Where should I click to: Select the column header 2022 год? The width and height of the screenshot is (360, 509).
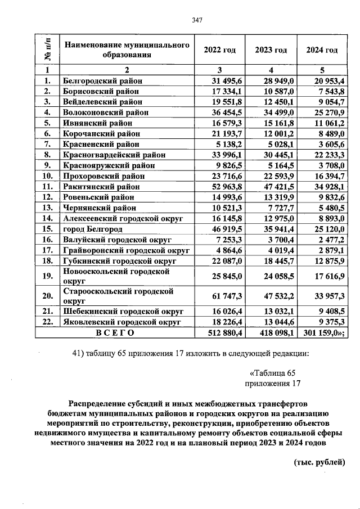(x=219, y=50)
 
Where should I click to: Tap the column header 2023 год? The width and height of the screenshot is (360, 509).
(x=271, y=50)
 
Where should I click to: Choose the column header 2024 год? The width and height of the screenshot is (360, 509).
(x=322, y=50)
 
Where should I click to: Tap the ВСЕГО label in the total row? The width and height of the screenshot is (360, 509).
(x=115, y=332)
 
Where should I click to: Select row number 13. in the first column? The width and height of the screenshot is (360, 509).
(x=48, y=208)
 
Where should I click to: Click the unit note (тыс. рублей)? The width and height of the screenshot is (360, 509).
(x=319, y=462)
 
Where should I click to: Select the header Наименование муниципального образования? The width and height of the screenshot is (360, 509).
(x=125, y=50)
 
